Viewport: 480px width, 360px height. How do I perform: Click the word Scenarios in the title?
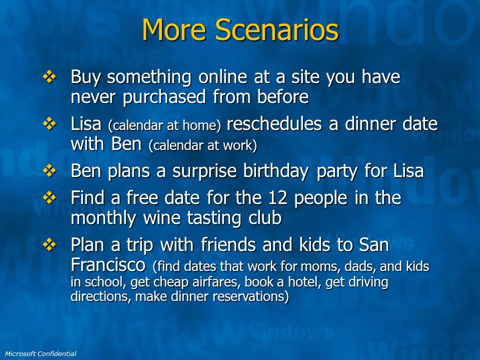[x=276, y=29]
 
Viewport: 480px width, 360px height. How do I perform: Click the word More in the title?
[x=174, y=29]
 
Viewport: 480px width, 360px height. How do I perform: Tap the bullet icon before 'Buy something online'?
[x=49, y=76]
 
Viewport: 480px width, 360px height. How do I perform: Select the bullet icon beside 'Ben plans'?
[x=49, y=170]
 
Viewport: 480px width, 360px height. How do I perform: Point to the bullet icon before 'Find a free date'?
[x=49, y=198]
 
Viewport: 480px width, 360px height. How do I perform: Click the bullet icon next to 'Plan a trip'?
[x=49, y=244]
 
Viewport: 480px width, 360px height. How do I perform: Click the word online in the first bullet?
[x=222, y=76]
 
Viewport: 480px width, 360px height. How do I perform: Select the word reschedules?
[x=274, y=123]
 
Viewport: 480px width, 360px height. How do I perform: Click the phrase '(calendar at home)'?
[x=164, y=125]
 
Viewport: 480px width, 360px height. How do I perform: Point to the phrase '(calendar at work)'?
[x=202, y=145]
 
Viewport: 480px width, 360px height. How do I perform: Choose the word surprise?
[x=204, y=171]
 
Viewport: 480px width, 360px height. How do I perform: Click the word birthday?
[x=275, y=171]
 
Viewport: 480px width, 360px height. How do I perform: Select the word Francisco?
[x=108, y=264]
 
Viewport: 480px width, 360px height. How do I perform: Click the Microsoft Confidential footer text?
[x=40, y=353]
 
